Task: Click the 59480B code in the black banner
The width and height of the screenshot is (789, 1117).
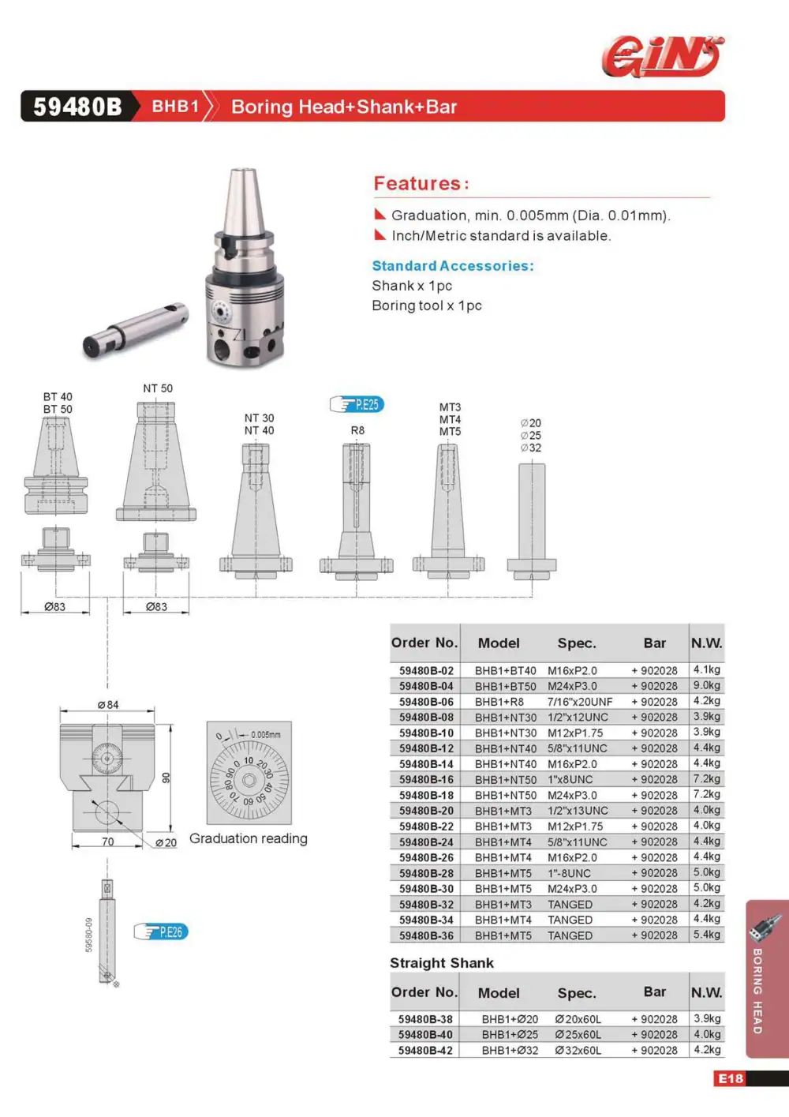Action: point(77,107)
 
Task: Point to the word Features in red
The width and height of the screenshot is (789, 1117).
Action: point(417,183)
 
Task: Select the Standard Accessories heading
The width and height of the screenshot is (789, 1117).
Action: point(453,266)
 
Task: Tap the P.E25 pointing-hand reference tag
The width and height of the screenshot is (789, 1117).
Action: point(357,404)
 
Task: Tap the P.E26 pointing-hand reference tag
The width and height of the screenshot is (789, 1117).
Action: point(161,931)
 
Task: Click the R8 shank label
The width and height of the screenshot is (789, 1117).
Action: point(357,430)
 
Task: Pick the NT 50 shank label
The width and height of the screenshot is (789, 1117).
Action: point(158,388)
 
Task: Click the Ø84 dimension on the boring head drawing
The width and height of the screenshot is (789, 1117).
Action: point(108,705)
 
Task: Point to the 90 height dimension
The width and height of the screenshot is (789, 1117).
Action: point(166,778)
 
